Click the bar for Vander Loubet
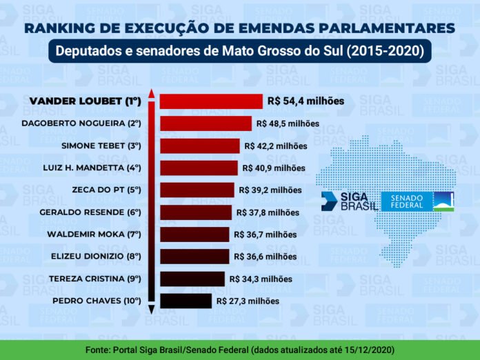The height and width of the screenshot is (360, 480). [210, 101]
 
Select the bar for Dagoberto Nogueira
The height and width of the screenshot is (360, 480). [206, 123]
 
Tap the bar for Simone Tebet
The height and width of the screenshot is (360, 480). [199, 146]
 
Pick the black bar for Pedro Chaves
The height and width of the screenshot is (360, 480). [186, 301]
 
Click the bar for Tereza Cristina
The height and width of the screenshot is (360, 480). [192, 279]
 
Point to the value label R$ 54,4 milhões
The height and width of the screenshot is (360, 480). [306, 101]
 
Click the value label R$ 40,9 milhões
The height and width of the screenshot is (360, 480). [274, 168]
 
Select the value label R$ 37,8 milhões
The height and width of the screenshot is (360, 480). [268, 212]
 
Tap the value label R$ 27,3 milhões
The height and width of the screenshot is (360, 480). [248, 301]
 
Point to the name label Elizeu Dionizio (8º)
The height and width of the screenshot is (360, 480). [96, 257]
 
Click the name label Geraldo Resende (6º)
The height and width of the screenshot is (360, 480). [90, 212]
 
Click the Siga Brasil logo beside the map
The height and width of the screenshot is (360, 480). [349, 201]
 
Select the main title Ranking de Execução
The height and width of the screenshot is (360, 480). [239, 28]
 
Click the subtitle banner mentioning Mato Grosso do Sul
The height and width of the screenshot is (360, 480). [239, 52]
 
